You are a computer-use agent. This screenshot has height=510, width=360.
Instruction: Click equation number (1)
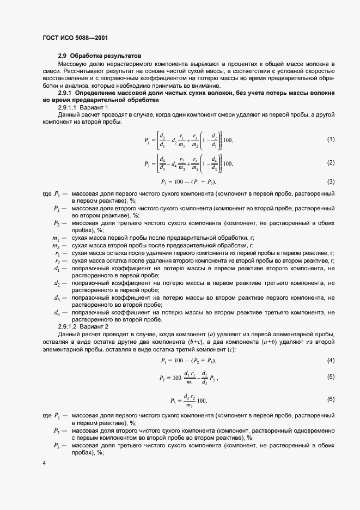(331, 140)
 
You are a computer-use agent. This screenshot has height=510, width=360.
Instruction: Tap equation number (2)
(331, 163)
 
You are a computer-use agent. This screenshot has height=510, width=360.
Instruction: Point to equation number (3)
(331, 181)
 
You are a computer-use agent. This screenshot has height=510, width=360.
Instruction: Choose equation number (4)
(331, 361)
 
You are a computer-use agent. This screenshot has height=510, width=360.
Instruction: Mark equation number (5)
(331, 377)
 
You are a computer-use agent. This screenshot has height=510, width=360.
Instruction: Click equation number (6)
(331, 399)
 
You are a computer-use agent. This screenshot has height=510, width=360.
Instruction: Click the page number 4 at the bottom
(44, 463)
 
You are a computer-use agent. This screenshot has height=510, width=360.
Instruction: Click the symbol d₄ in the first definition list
(57, 313)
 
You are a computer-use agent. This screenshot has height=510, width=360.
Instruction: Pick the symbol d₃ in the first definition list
(57, 298)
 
